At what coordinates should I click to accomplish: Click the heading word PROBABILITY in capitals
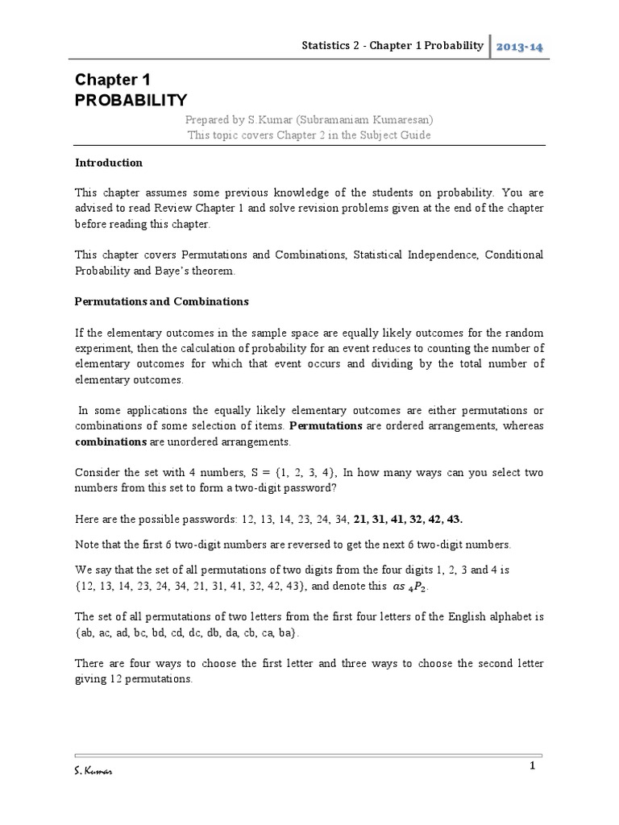pyautogui.click(x=131, y=100)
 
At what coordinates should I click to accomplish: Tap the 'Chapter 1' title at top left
pyautogui.click(x=113, y=80)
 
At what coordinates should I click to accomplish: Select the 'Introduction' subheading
pyautogui.click(x=109, y=163)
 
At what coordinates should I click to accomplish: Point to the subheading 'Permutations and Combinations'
pyautogui.click(x=162, y=302)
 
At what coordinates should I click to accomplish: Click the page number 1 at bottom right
pyautogui.click(x=533, y=765)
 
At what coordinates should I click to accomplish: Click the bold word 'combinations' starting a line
pyautogui.click(x=111, y=442)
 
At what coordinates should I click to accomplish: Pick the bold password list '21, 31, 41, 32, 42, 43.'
pyautogui.click(x=409, y=518)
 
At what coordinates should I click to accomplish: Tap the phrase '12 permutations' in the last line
pyautogui.click(x=155, y=679)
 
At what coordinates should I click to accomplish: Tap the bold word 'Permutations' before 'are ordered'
pyautogui.click(x=326, y=426)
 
